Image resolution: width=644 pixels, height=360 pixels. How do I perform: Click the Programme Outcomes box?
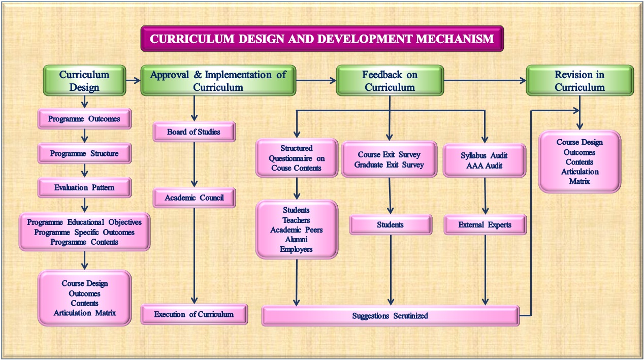(84, 119)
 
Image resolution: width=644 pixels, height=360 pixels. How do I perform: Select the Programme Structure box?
(84, 153)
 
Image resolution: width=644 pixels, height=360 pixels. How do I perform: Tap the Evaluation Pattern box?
(84, 187)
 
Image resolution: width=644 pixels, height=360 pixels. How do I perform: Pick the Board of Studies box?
(194, 132)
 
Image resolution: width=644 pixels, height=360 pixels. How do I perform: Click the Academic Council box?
(194, 198)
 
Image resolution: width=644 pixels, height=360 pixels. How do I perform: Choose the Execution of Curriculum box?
(194, 314)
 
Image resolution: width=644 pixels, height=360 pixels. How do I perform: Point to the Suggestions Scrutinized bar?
(390, 316)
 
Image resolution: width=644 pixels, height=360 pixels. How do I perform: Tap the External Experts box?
(485, 224)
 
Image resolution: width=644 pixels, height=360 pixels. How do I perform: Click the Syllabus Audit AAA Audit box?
(484, 160)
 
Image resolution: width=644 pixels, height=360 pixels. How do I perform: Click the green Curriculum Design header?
(84, 81)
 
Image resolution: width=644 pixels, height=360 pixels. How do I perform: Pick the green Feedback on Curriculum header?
(390, 81)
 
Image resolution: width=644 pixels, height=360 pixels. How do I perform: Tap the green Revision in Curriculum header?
(579, 81)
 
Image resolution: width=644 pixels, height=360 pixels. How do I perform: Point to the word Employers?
(296, 249)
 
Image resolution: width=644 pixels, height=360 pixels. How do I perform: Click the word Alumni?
(297, 240)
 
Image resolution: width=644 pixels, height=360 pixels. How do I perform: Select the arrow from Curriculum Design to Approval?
(133, 80)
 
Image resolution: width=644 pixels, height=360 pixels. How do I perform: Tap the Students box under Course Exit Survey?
(391, 224)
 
